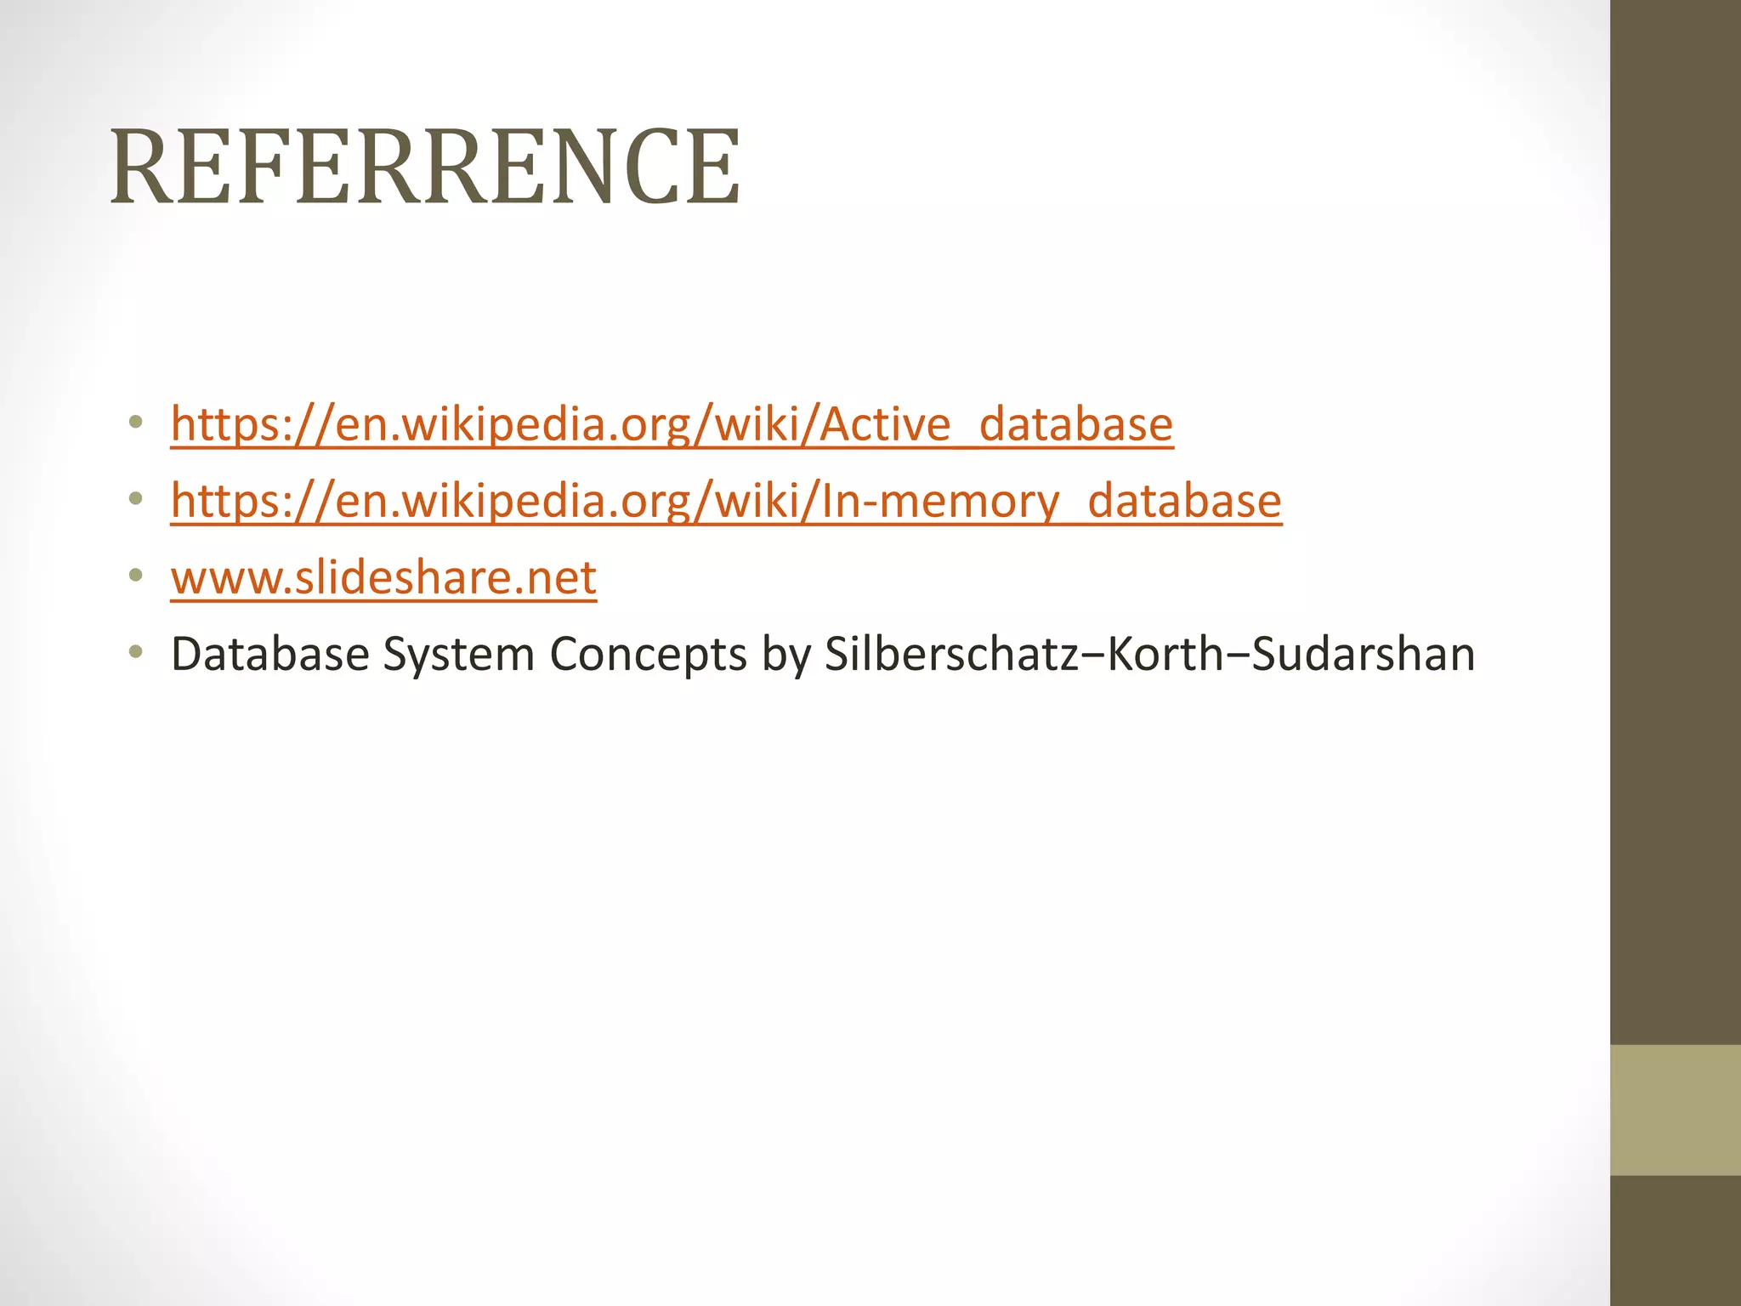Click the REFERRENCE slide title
pos(425,167)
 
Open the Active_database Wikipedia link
pos(672,424)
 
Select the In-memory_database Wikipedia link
pos(726,501)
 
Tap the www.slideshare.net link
pos(383,578)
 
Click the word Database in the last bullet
pos(269,655)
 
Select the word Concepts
pos(648,655)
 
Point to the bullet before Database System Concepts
pos(135,652)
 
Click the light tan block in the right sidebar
pos(1675,1110)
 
